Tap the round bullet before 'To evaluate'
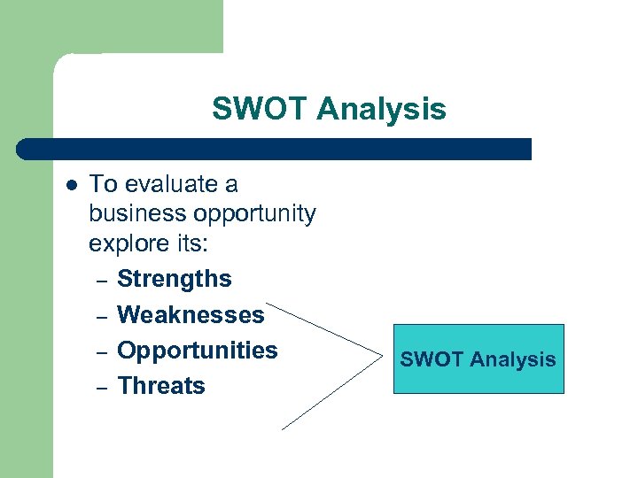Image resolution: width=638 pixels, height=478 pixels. [x=72, y=185]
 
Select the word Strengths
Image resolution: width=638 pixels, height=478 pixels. [x=174, y=279]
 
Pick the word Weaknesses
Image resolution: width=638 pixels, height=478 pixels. [x=191, y=314]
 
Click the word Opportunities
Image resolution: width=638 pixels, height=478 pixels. [x=197, y=351]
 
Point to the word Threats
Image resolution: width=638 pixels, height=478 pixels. [x=161, y=386]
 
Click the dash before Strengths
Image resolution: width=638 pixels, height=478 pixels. [x=102, y=281]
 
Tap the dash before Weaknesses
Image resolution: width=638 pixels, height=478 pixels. [x=102, y=316]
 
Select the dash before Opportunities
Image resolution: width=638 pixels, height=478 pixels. [x=102, y=351]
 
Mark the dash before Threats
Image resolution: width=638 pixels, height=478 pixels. [x=102, y=387]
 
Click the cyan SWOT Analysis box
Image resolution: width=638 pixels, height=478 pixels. [x=478, y=358]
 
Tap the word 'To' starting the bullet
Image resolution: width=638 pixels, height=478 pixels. [x=104, y=184]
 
